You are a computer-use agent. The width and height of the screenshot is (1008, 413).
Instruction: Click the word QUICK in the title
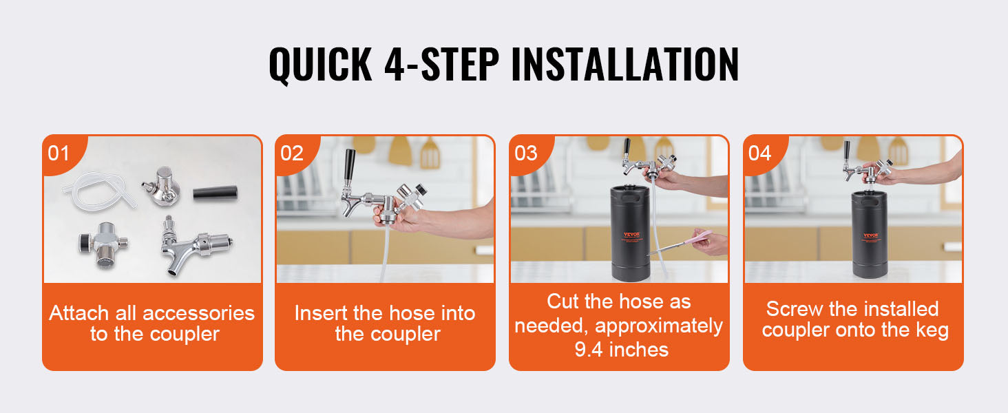320,64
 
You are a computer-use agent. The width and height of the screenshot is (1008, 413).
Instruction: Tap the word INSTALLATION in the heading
625,64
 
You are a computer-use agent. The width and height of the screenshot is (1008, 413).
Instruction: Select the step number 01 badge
59,153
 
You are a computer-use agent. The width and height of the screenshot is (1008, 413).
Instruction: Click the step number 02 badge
292,153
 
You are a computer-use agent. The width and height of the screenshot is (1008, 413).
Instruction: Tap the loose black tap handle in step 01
215,193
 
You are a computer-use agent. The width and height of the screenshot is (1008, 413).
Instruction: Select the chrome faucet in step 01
196,245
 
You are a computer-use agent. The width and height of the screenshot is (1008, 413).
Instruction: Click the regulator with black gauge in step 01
103,244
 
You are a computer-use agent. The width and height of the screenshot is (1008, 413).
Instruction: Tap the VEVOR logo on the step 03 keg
631,235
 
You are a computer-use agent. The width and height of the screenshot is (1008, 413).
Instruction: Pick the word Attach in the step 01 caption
78,313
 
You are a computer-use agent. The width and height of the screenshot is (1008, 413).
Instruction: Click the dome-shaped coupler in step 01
161,187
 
